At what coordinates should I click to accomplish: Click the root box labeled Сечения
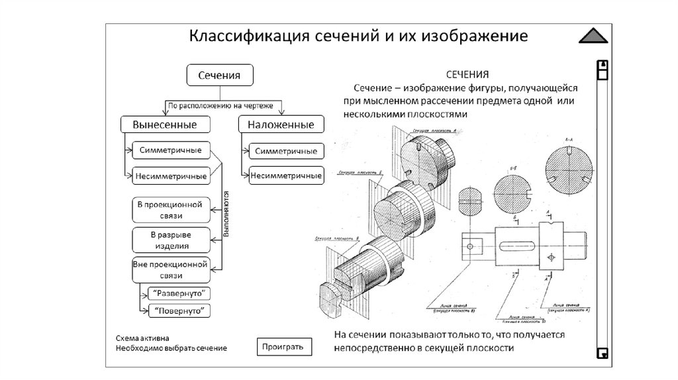pos(222,75)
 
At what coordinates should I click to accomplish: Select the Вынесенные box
pos(164,124)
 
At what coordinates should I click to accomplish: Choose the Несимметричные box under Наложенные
pos(286,175)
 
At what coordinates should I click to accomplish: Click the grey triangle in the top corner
pos(593,37)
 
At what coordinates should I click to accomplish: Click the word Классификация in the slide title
pos(246,35)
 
